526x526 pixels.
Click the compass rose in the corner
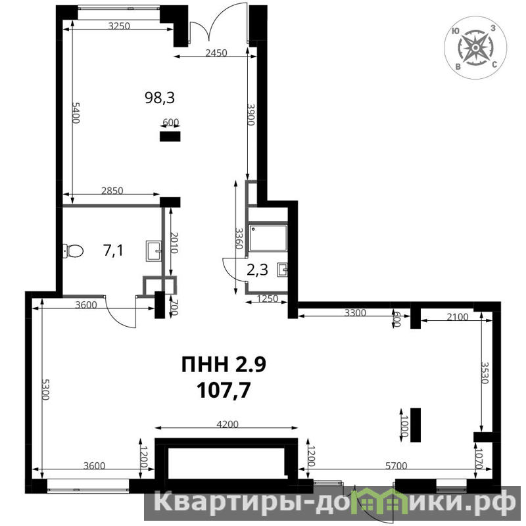[475, 48]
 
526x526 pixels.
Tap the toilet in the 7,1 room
[73, 251]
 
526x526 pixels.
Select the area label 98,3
[160, 97]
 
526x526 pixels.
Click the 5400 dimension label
[76, 112]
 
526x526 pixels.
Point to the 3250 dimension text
[119, 26]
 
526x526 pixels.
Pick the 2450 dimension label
[216, 53]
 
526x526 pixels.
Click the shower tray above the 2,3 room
[268, 238]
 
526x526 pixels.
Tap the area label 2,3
[257, 270]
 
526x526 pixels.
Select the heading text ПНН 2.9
[224, 364]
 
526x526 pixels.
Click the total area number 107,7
[224, 390]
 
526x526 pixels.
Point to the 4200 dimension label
[227, 424]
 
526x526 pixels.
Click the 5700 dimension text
[396, 466]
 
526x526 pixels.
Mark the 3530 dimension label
[485, 373]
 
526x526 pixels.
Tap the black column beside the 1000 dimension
[416, 425]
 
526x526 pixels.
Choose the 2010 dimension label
[174, 243]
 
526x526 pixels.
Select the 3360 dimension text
[239, 239]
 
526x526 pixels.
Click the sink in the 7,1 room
[154, 251]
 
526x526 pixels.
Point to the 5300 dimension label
[45, 389]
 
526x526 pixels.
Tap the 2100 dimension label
[458, 317]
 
